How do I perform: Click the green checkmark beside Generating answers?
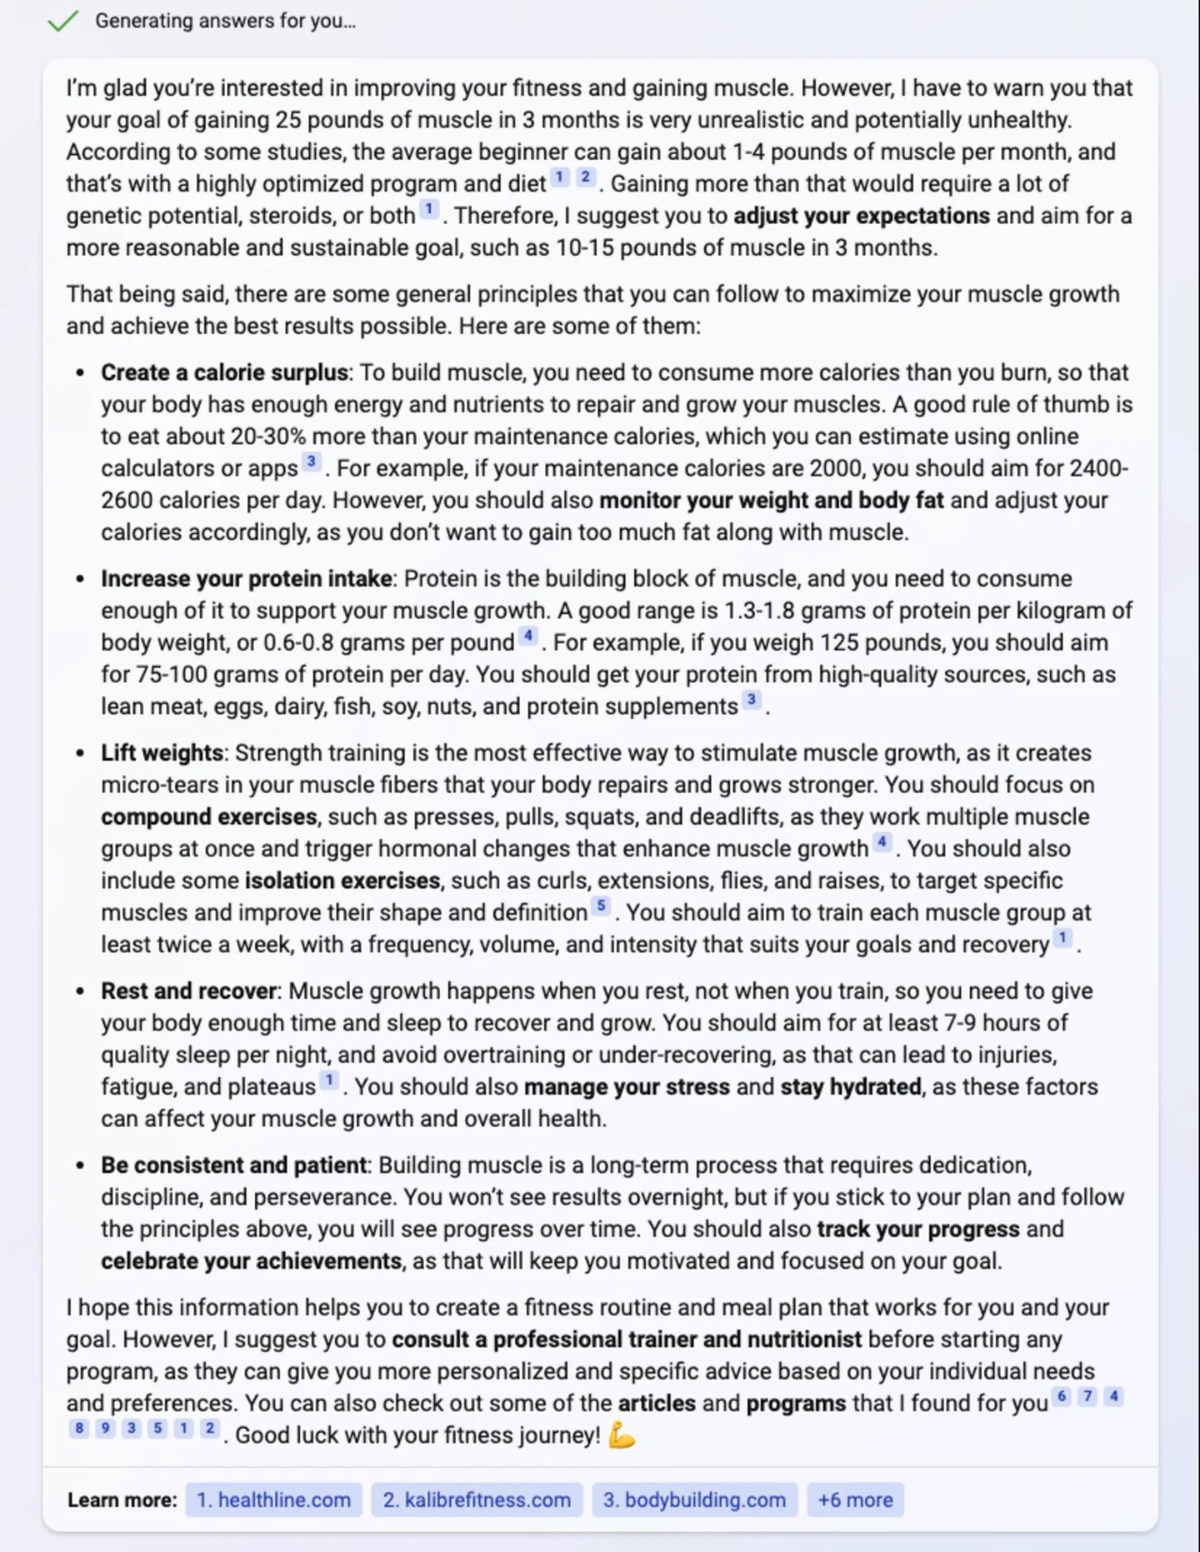[x=62, y=21]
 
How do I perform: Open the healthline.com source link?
[x=273, y=1500]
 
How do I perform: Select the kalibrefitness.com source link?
[x=477, y=1500]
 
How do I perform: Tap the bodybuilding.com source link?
[x=694, y=1500]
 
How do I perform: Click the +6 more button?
[x=855, y=1500]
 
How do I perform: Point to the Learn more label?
[x=122, y=1500]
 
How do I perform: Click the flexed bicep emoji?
[x=622, y=1435]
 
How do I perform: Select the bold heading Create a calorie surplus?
[x=224, y=372]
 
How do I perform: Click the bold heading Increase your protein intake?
[x=247, y=578]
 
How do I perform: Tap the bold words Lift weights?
[x=162, y=752]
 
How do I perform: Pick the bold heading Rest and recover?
[x=188, y=991]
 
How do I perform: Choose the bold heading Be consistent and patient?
[x=233, y=1165]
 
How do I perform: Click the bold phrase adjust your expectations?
[x=862, y=216]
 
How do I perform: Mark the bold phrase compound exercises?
[x=209, y=816]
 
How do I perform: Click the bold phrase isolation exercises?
[x=342, y=881]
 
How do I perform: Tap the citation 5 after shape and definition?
[x=601, y=906]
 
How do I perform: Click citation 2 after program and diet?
[x=586, y=177]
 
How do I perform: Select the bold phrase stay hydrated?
[x=851, y=1086]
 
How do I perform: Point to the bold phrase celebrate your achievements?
[x=251, y=1260]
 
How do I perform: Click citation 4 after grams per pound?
[x=527, y=636]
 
